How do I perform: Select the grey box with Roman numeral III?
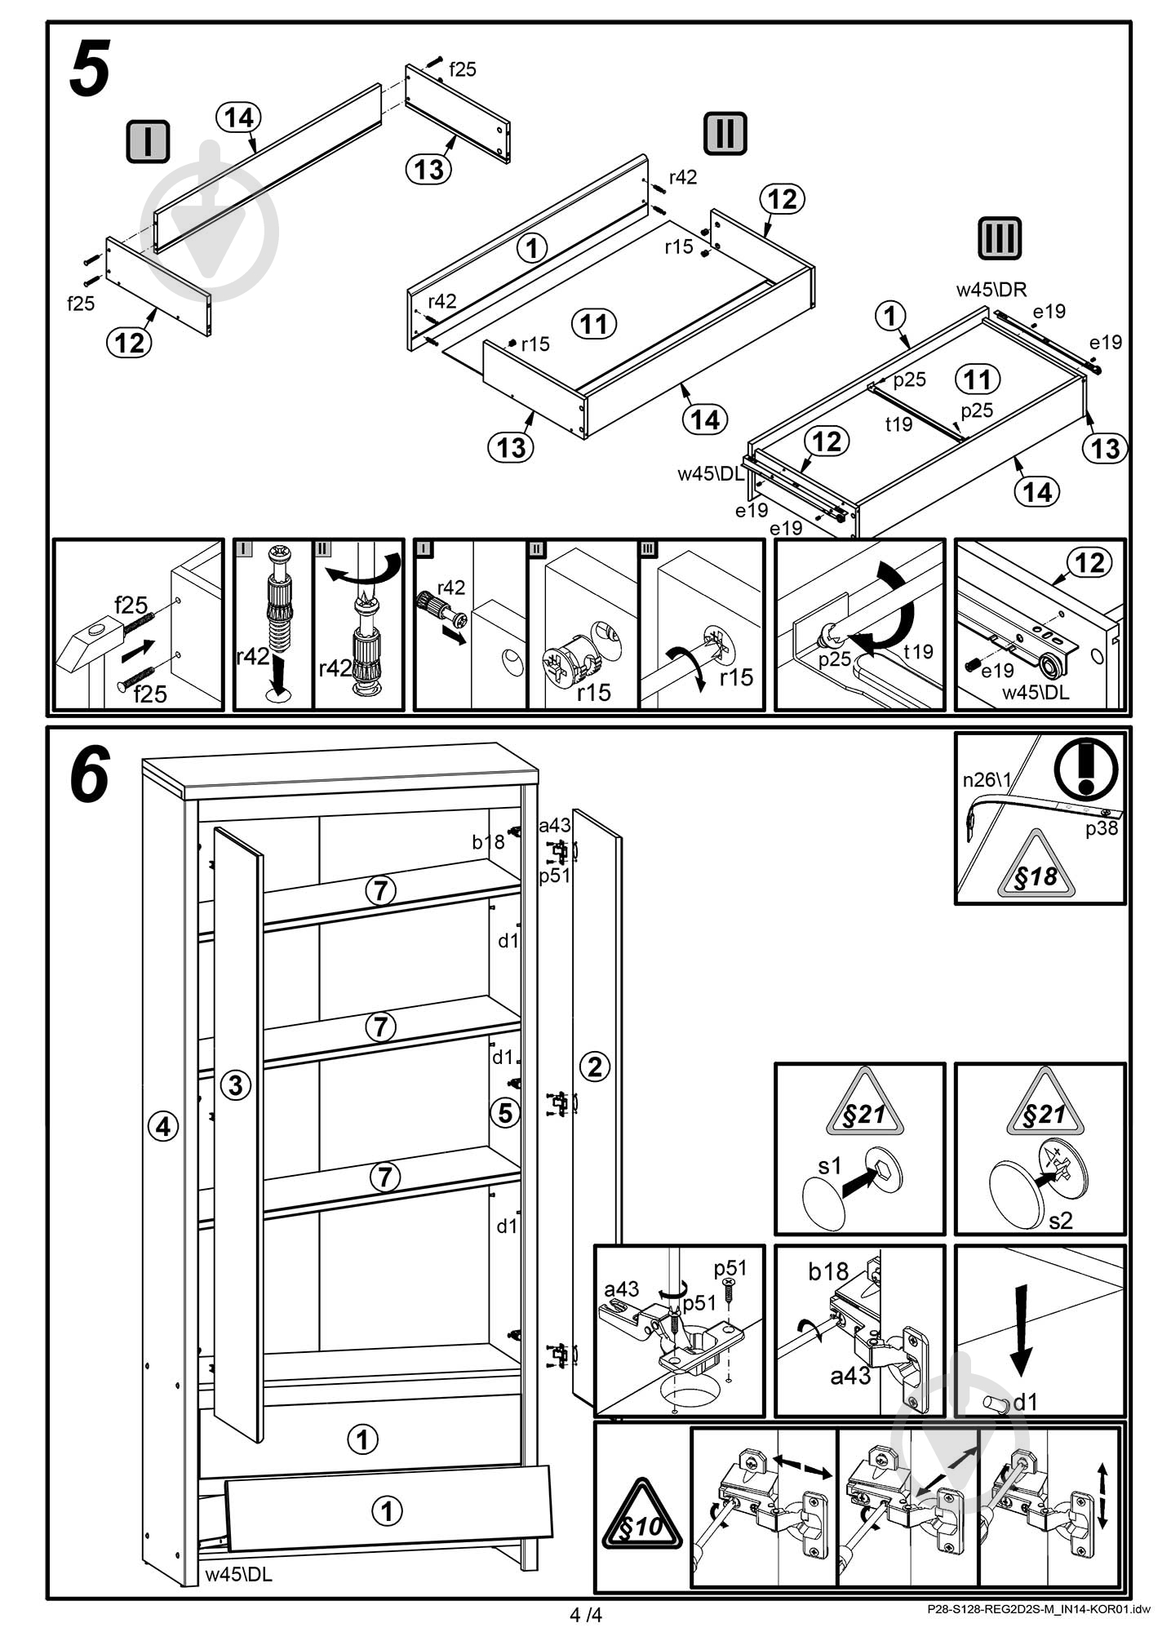pyautogui.click(x=999, y=238)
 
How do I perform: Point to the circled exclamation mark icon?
pyautogui.click(x=1085, y=768)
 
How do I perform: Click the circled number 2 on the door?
pyautogui.click(x=594, y=1066)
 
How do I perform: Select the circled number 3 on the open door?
pyautogui.click(x=236, y=1085)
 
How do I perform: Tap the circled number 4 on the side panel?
pyautogui.click(x=163, y=1127)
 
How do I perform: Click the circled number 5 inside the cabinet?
pyautogui.click(x=505, y=1112)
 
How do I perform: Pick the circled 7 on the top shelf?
pyautogui.click(x=381, y=891)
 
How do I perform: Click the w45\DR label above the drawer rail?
pyautogui.click(x=991, y=289)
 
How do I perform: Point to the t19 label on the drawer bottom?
pyautogui.click(x=898, y=424)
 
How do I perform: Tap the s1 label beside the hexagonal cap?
pyautogui.click(x=830, y=1166)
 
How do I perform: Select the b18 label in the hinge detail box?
pyautogui.click(x=828, y=1271)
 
